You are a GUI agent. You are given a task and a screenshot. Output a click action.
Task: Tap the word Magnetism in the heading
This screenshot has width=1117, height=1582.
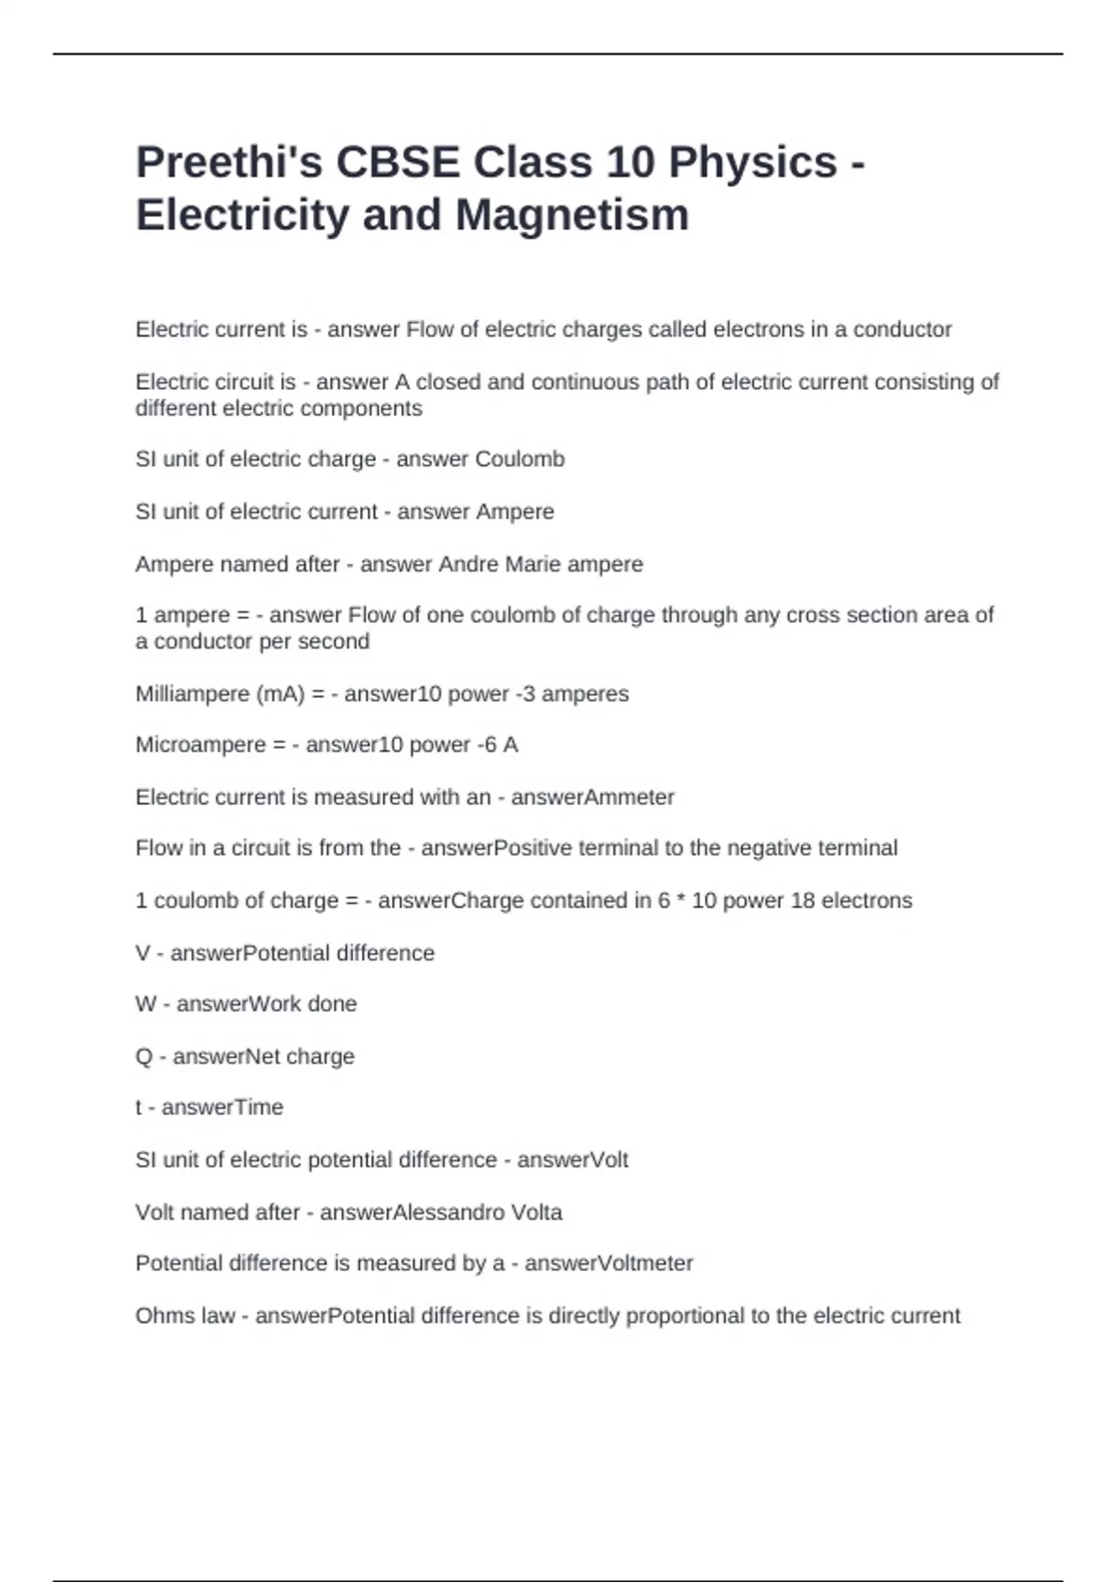click(572, 214)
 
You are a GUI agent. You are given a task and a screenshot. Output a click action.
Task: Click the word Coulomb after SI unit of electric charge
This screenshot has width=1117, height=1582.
click(519, 460)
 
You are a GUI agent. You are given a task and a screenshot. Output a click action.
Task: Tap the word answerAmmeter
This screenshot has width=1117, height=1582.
click(592, 798)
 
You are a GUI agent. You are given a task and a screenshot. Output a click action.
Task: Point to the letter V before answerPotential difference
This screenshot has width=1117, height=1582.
click(142, 953)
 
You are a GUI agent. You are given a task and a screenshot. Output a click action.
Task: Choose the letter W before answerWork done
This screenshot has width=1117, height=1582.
click(145, 1004)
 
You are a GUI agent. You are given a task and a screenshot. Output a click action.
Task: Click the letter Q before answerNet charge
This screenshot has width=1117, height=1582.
click(143, 1056)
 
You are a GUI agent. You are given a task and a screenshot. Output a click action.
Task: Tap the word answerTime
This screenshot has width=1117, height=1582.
click(222, 1107)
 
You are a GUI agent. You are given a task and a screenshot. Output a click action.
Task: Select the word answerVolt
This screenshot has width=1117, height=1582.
click(572, 1160)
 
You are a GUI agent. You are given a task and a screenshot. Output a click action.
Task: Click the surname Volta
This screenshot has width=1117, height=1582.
click(536, 1213)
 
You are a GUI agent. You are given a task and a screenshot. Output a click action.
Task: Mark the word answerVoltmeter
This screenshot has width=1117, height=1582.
click(609, 1264)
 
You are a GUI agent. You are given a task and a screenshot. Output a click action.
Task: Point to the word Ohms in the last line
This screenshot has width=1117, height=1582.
click(161, 1316)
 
